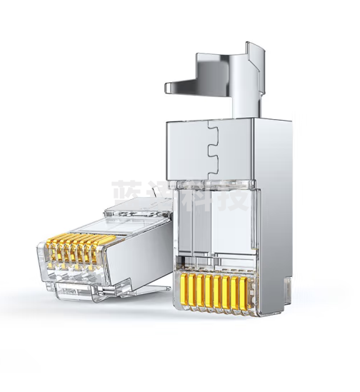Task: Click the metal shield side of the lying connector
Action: click(x=143, y=250)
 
